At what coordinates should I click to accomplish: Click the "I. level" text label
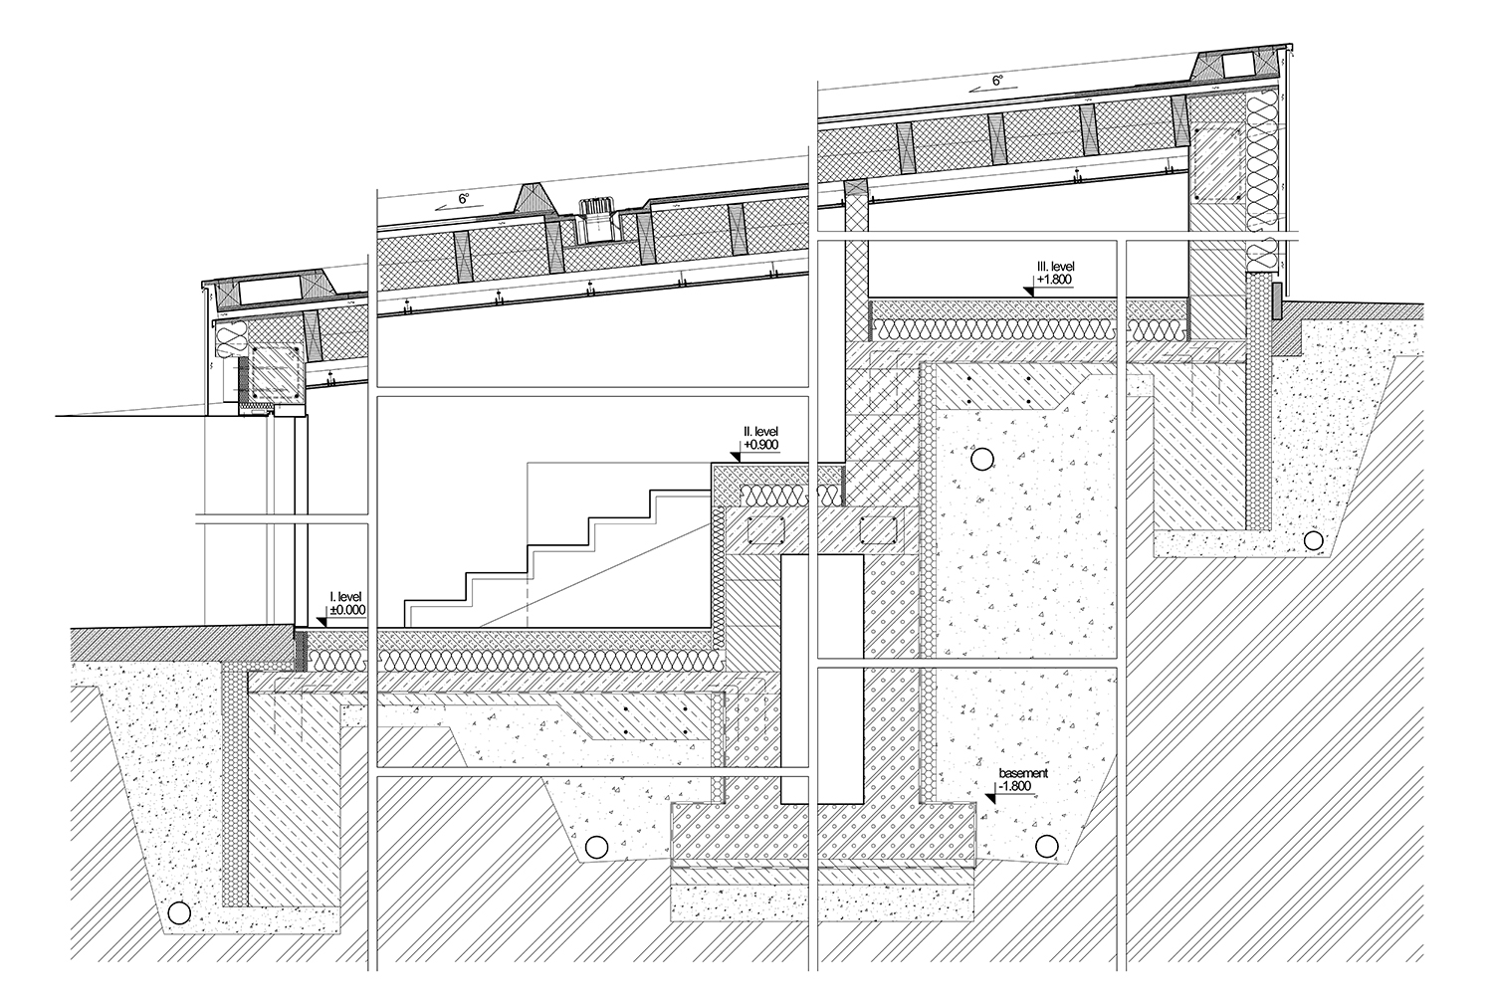click(x=346, y=597)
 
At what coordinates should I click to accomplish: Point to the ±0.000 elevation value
click(x=348, y=609)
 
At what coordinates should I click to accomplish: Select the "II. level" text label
click(x=760, y=432)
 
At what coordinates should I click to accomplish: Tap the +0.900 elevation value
click(x=761, y=445)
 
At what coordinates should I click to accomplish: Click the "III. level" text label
click(x=1054, y=267)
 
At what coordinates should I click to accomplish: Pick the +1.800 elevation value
click(x=1054, y=280)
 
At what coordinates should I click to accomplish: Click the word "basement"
click(x=1023, y=773)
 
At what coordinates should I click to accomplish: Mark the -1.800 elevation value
click(x=1014, y=786)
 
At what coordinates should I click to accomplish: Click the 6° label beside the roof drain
click(x=464, y=199)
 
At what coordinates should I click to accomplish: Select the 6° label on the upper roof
click(x=997, y=81)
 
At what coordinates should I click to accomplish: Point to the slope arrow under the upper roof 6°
click(x=987, y=89)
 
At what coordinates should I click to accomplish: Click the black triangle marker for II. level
click(x=737, y=457)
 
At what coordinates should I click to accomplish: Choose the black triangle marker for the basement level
click(x=990, y=797)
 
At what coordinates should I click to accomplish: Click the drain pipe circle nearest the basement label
click(x=1046, y=847)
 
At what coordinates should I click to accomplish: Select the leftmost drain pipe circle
click(x=179, y=912)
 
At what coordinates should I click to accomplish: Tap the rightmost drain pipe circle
click(x=1313, y=540)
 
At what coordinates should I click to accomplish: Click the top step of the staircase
click(x=681, y=492)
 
